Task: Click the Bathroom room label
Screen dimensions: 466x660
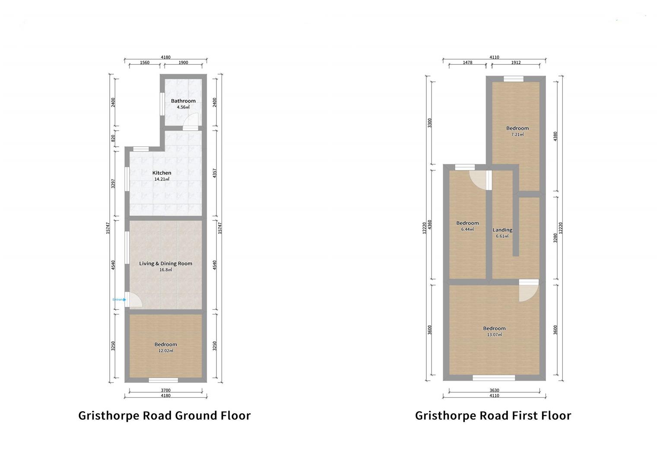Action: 183,101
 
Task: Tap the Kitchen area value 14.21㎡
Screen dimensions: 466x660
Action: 162,179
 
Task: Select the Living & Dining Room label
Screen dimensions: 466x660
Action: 165,263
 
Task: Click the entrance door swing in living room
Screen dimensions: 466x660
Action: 133,299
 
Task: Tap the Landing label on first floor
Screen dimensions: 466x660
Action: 502,230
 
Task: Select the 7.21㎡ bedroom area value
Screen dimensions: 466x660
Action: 517,135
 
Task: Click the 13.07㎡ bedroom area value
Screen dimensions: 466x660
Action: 495,335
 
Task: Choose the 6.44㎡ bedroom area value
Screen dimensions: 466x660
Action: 467,230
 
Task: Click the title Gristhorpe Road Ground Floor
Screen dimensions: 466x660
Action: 164,416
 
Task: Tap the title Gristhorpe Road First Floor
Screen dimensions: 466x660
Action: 493,416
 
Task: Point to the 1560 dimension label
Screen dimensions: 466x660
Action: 145,63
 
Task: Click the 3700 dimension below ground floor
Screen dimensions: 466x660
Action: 165,390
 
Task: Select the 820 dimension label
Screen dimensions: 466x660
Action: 113,139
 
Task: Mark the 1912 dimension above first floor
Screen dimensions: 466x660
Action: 516,63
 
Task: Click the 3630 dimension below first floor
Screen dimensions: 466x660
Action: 494,390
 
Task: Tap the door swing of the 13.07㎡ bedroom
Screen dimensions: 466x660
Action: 528,291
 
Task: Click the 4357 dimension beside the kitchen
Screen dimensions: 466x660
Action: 215,173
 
